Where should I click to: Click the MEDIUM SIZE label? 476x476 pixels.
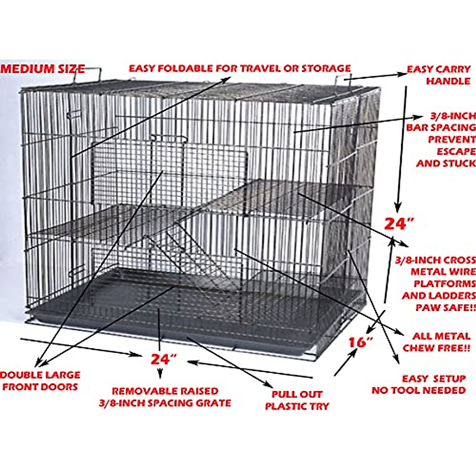coord(43,69)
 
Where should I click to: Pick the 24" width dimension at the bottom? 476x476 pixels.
coord(163,359)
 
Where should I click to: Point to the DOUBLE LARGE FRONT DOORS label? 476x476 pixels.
coord(40,381)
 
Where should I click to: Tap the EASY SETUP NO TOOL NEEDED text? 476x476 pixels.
coord(419,384)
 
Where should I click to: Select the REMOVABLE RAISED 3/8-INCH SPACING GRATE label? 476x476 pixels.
coord(165,397)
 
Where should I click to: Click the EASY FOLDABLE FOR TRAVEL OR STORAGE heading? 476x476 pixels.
coord(240,68)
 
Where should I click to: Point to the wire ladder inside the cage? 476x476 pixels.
coord(186,254)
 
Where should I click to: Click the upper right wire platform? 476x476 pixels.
coord(294,196)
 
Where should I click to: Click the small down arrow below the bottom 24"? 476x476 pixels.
coord(160,373)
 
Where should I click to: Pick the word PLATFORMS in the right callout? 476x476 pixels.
coord(444,284)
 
